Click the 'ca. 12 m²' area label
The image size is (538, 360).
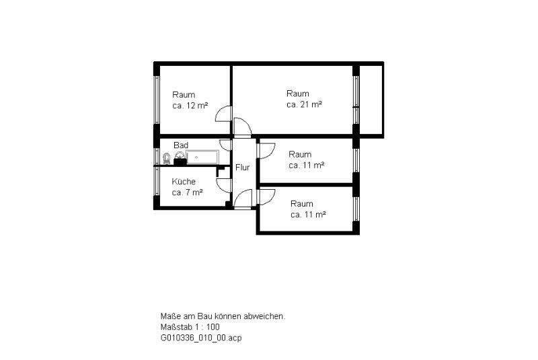coord(190,106)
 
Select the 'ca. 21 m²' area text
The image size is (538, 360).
coord(305,104)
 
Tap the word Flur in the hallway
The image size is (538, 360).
coord(242,168)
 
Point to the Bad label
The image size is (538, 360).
coord(180,145)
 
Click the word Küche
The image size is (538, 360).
coord(184,182)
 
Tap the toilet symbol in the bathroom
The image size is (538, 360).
coord(165,159)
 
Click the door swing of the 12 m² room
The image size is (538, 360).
coord(223,116)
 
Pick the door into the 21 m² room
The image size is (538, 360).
coord(243,127)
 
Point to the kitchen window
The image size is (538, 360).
coord(157,186)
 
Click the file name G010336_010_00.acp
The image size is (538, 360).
coord(200,338)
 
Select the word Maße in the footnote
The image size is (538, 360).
coord(170,316)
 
